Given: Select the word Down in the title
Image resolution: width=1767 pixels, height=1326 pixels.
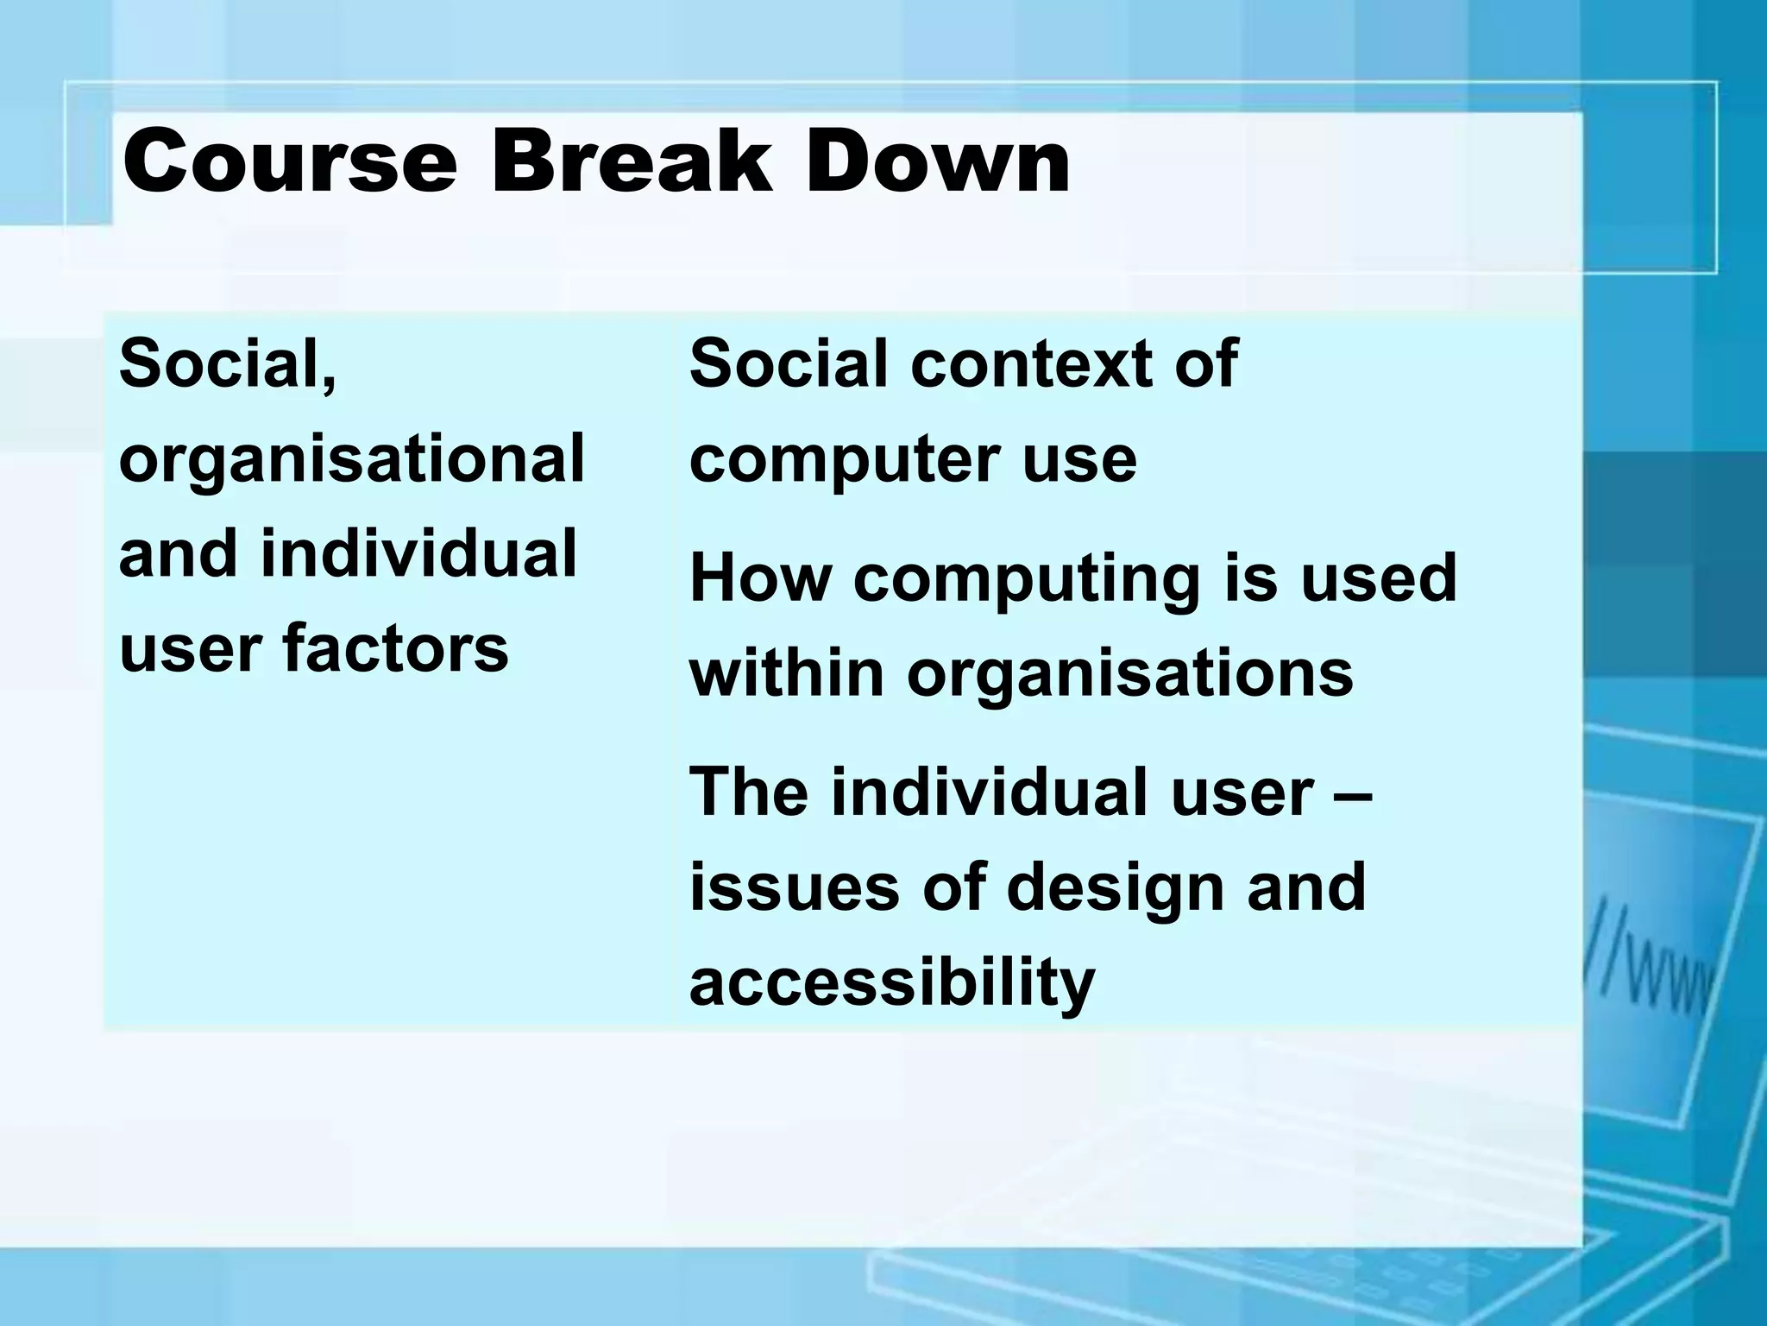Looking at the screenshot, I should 938,161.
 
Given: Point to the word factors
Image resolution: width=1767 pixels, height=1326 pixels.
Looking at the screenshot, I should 396,647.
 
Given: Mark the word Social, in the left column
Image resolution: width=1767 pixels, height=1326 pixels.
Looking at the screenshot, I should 228,364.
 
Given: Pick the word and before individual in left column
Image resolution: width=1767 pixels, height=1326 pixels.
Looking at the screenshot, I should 178,552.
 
